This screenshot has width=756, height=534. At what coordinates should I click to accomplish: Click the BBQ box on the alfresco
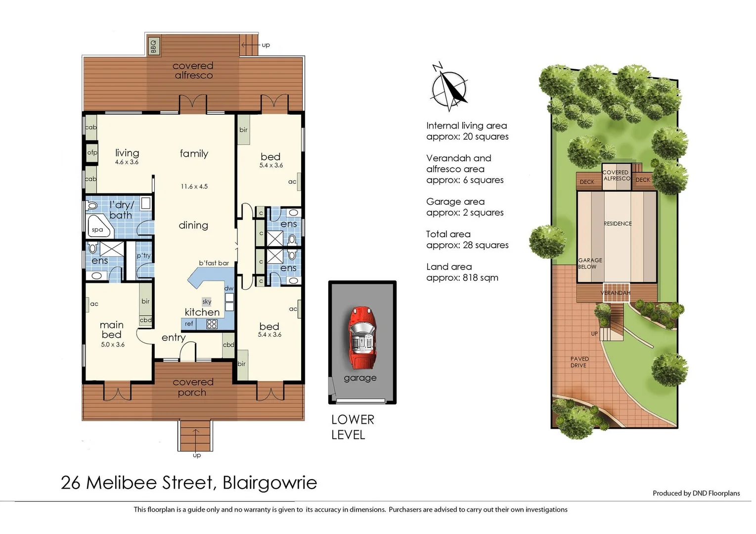[x=153, y=46]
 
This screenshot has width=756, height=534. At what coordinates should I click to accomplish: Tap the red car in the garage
[x=362, y=338]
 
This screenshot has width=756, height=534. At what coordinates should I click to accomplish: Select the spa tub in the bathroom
[x=98, y=227]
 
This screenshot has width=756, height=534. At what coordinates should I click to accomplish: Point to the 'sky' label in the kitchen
[x=207, y=302]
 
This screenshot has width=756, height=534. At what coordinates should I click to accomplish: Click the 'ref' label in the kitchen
[x=189, y=324]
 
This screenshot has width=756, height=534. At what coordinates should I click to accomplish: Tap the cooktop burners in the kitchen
[x=212, y=324]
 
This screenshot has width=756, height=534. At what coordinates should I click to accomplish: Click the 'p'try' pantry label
[x=144, y=256]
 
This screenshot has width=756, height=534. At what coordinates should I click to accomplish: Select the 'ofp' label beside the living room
[x=92, y=153]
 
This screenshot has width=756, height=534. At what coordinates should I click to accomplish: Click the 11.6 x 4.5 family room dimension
[x=194, y=186]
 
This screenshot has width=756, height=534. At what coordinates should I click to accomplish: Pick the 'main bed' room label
[x=112, y=330]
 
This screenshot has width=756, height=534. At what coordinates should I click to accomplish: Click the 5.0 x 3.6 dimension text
[x=113, y=345]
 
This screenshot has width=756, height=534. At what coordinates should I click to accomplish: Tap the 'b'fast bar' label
[x=214, y=263]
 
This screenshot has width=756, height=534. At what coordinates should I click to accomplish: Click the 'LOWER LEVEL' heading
[x=353, y=427]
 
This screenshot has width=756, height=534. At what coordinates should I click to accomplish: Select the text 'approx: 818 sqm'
[x=462, y=278]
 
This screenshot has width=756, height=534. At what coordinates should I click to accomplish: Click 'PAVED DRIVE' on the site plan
[x=579, y=362]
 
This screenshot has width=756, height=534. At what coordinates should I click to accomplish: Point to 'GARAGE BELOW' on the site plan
[x=590, y=264]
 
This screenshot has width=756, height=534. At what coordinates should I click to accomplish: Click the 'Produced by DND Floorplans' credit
[x=696, y=493]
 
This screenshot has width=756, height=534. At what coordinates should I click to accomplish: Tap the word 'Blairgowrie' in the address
[x=269, y=483]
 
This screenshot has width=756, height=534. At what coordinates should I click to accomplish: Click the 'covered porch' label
[x=193, y=387]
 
